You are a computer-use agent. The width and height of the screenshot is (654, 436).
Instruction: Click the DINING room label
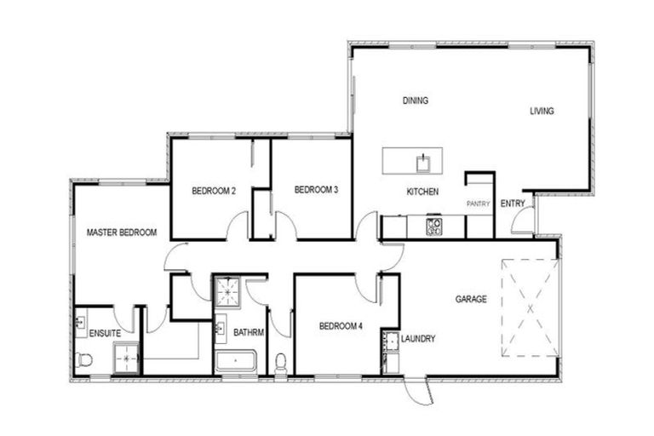click(x=415, y=100)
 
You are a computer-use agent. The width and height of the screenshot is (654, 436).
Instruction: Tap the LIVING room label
click(x=542, y=111)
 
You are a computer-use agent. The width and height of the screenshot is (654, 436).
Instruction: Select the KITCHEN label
click(x=422, y=192)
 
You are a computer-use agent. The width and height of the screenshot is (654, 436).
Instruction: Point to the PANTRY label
click(x=478, y=204)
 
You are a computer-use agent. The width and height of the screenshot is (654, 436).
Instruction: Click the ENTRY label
click(x=513, y=204)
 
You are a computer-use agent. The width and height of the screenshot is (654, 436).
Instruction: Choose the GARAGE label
click(x=471, y=299)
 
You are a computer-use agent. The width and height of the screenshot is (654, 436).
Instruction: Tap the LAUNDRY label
click(x=418, y=339)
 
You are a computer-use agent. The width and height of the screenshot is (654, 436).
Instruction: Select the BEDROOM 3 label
click(x=317, y=190)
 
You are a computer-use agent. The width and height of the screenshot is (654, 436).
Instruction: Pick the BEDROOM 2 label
click(x=213, y=190)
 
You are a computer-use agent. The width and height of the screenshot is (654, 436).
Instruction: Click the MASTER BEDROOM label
click(x=122, y=232)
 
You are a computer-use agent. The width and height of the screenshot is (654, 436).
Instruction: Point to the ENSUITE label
click(x=105, y=333)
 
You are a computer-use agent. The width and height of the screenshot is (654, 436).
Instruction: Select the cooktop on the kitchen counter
click(x=433, y=227)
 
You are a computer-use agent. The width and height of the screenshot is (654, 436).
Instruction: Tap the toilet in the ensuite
click(x=84, y=359)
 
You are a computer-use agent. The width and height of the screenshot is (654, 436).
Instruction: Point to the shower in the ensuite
click(x=126, y=359)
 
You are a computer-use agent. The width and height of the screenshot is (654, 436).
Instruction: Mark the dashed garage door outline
click(x=529, y=307)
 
